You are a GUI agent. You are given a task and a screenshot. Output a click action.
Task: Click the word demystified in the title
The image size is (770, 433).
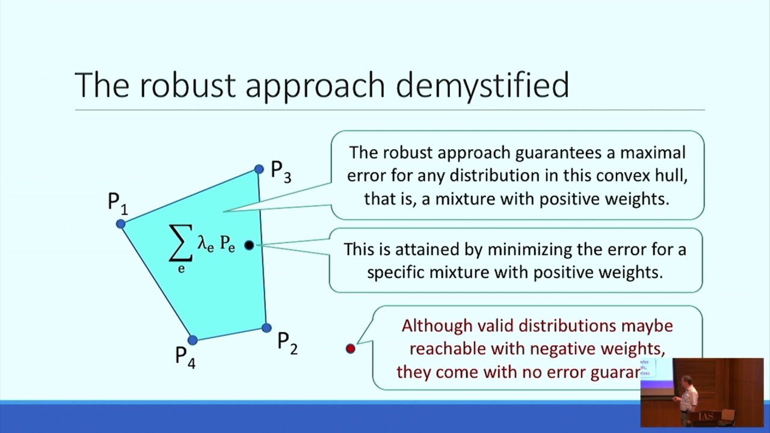coord(482,85)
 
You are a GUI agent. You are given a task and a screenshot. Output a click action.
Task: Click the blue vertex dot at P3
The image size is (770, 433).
coord(259,170)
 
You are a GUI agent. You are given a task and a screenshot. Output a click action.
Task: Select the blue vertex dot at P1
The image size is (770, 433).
coord(121,224)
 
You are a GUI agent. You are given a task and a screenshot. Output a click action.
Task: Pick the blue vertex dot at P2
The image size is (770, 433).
coord(266,328)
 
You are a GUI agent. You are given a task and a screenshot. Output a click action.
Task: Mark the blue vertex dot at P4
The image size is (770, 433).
coord(192,340)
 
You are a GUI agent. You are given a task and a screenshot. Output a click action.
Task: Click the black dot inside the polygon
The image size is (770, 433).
coord(249,245)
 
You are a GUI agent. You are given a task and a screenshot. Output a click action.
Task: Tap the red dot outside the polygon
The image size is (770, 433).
coord(351,348)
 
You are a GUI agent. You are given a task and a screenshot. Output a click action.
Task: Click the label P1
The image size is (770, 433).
coord(117,203)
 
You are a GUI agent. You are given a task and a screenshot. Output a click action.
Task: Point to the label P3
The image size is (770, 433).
coord(281,171)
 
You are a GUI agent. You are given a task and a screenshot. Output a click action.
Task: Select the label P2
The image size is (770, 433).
coord(287,343)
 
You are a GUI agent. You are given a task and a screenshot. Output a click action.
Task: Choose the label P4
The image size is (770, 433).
coord(185,357)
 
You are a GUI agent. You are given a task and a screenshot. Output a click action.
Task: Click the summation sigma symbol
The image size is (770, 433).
coord(180,244)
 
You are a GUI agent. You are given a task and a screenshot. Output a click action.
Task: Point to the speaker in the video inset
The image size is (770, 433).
coord(688,397)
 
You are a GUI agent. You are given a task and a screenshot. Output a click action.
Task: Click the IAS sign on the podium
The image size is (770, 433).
coord(706,416)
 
